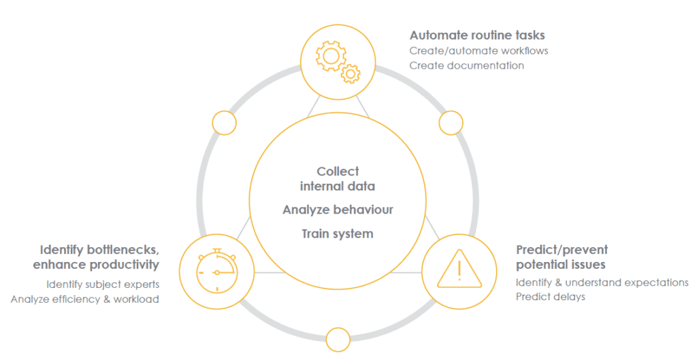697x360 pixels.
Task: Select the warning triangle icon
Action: coord(459,271)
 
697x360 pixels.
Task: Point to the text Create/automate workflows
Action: coord(479,50)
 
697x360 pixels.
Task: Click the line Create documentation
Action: coord(466,65)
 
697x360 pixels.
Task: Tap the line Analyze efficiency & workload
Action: coord(85,299)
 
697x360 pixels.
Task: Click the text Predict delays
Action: coord(550,297)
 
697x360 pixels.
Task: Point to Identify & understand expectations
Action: coord(602,282)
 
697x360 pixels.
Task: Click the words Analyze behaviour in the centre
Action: coord(338,210)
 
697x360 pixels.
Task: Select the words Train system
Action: coord(338,234)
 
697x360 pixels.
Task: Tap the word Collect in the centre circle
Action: coord(338,171)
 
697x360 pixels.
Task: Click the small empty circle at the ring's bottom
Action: coord(338,339)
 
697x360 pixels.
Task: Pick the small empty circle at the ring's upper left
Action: coord(224,123)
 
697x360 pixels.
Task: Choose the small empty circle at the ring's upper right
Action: coord(451,123)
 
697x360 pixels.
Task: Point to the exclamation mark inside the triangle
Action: coord(459,269)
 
